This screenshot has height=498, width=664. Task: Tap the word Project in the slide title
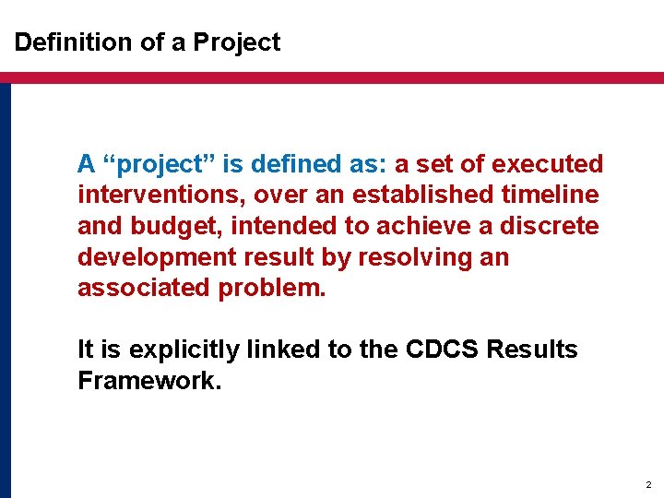pyautogui.click(x=237, y=42)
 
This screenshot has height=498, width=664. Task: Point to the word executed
pyautogui.click(x=548, y=165)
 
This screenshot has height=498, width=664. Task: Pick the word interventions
pyautogui.click(x=160, y=196)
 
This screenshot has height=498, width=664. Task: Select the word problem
pyautogui.click(x=272, y=288)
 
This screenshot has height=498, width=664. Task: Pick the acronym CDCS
pyautogui.click(x=433, y=350)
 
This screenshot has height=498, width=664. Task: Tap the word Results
pyautogui.click(x=532, y=350)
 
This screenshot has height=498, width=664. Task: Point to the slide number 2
pyautogui.click(x=648, y=484)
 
